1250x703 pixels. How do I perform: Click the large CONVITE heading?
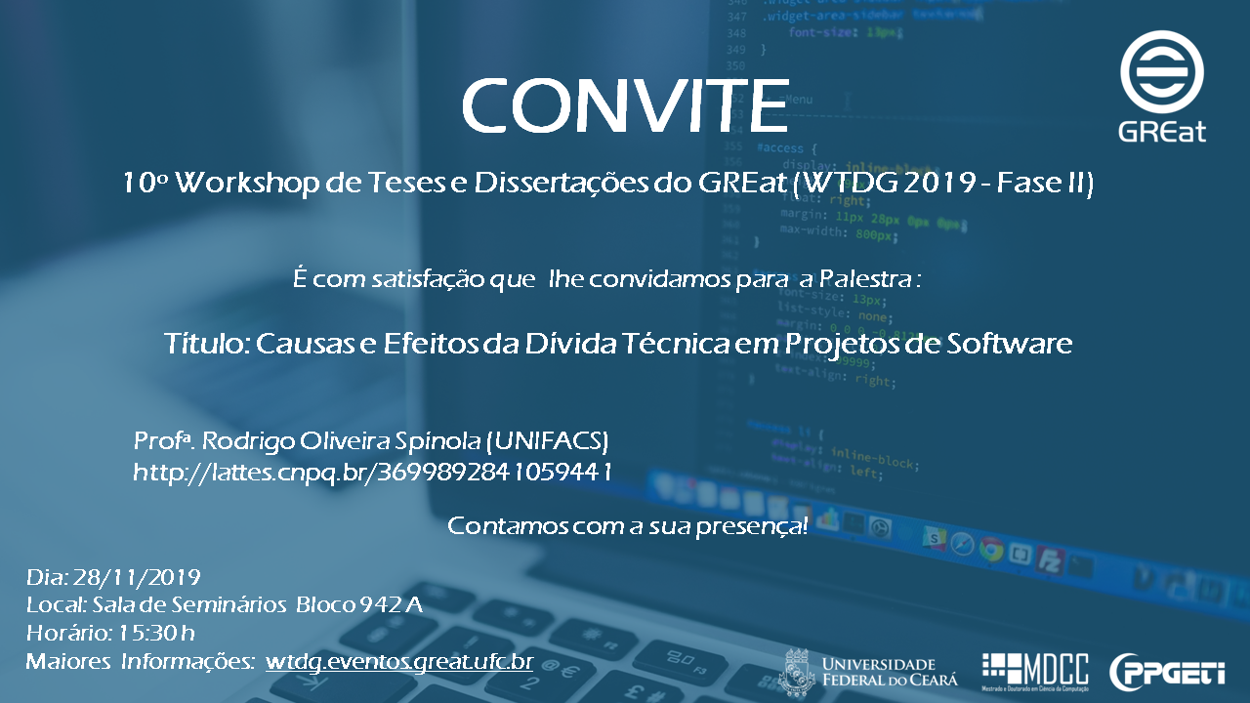(625, 105)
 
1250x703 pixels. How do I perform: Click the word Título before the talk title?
(207, 343)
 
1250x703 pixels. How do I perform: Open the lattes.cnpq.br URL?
(372, 473)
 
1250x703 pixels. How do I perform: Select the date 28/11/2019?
(137, 577)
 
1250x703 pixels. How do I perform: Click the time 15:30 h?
(156, 633)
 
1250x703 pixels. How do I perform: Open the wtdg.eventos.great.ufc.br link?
(399, 662)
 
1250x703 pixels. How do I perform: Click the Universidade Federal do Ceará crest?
(796, 672)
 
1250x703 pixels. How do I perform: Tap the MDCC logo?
(1035, 671)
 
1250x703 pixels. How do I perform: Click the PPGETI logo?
(1167, 672)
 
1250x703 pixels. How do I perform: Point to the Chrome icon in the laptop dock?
(991, 550)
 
